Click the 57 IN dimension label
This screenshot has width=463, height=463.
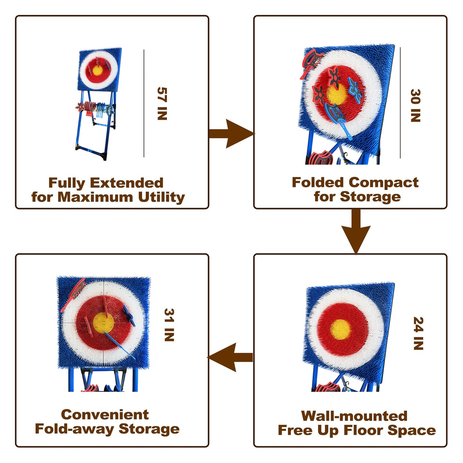(162, 103)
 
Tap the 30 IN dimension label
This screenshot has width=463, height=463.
(415, 105)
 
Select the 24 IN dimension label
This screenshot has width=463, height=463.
(418, 333)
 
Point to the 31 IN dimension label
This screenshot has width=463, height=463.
(169, 325)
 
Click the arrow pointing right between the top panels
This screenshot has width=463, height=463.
(231, 134)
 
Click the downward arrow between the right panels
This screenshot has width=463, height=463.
(356, 231)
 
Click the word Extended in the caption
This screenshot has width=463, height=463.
(127, 183)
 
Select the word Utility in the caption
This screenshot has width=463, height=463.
(161, 197)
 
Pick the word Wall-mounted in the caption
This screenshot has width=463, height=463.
(354, 416)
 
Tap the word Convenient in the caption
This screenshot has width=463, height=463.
(105, 415)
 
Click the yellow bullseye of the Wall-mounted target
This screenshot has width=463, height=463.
(341, 329)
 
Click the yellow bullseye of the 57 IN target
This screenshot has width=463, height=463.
(97, 70)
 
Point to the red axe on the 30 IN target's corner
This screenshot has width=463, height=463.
(310, 63)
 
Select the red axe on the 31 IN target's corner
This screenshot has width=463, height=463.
(74, 294)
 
